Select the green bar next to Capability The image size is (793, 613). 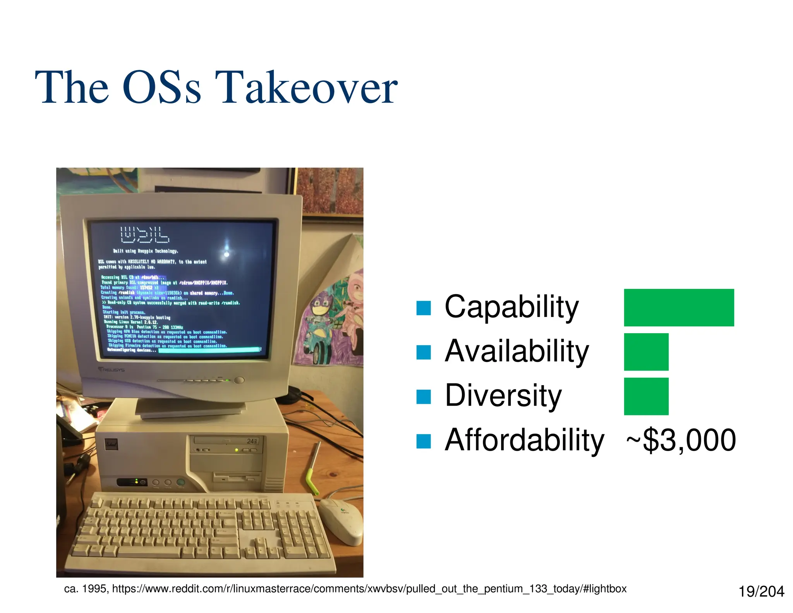(x=678, y=307)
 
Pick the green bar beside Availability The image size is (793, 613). (x=646, y=351)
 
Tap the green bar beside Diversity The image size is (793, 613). (x=646, y=396)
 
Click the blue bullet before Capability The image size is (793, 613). (x=423, y=308)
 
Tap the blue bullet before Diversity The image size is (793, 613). (x=423, y=397)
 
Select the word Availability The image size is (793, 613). (x=517, y=351)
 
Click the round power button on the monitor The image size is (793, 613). (x=240, y=380)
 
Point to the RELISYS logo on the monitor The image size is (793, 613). (x=112, y=370)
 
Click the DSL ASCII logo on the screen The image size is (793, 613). (x=144, y=234)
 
